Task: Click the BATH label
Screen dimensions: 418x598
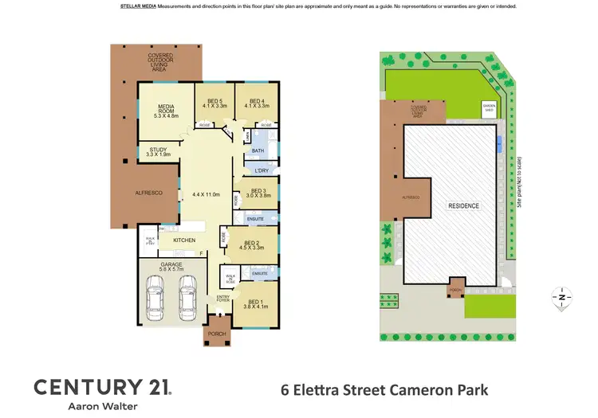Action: pyautogui.click(x=258, y=150)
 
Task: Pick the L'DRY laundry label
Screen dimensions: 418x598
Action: pyautogui.click(x=261, y=171)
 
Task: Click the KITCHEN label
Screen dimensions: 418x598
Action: pyautogui.click(x=184, y=240)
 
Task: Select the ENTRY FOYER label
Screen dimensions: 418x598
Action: pyautogui.click(x=223, y=299)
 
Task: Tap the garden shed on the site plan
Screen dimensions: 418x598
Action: pyautogui.click(x=488, y=107)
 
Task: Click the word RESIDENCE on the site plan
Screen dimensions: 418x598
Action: pyautogui.click(x=463, y=205)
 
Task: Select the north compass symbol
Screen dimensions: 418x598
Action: pyautogui.click(x=562, y=297)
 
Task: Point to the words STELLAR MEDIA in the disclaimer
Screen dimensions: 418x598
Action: pyautogui.click(x=138, y=6)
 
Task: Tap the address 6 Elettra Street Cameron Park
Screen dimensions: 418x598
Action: pyautogui.click(x=384, y=390)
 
